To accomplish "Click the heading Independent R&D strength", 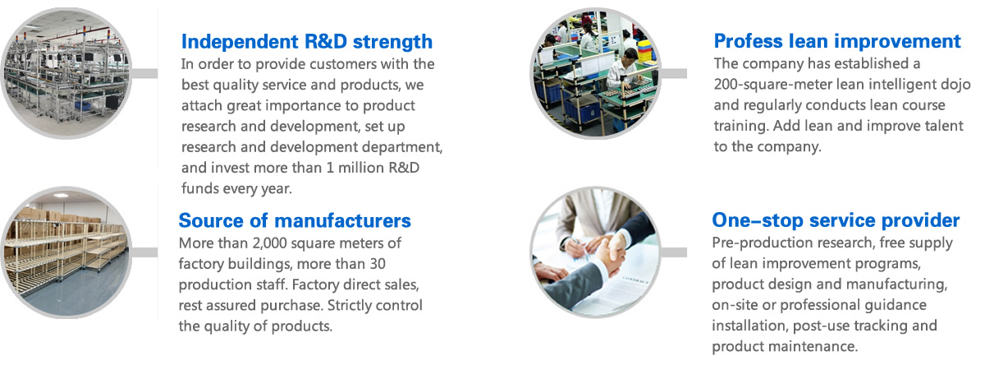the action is coord(307,42).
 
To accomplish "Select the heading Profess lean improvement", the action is coord(837,41).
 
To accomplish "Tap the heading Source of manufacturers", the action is coord(295,220).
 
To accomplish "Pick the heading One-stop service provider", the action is coord(836,220).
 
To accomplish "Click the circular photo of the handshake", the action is coord(595,252).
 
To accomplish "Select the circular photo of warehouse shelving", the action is coord(66,252).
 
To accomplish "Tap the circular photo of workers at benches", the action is coord(595,73).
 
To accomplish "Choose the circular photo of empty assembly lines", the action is coord(66,73).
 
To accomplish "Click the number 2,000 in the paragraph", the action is coord(269,243).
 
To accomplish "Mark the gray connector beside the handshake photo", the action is coord(674,252).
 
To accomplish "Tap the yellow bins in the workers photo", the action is coord(648,53).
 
